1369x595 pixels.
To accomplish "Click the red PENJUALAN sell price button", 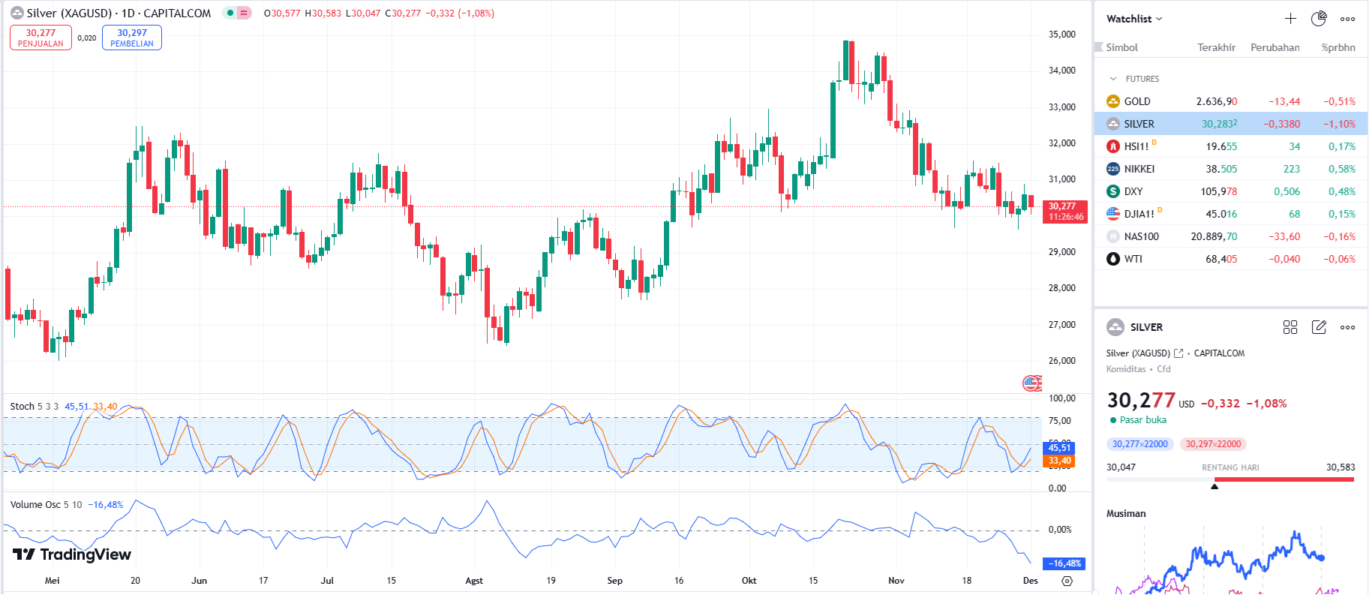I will coord(41,38).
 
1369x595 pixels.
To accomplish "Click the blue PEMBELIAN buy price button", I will coord(132,38).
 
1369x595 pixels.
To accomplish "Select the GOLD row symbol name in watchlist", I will coord(1137,101).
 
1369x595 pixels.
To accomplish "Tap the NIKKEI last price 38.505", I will coord(1221,169).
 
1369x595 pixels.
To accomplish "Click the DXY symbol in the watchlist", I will coord(1133,191).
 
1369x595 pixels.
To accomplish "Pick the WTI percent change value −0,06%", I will coord(1339,259).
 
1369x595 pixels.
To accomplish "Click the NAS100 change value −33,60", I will coord(1284,236).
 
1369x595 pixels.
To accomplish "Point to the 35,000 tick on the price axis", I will coord(1061,35).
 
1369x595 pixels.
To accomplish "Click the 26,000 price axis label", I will coord(1061,361).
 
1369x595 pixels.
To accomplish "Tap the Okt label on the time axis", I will coord(749,581).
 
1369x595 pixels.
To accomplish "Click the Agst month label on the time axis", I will coord(474,581).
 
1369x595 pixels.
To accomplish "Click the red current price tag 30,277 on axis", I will coord(1065,212).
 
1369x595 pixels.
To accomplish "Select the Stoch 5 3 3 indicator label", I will coord(34,407).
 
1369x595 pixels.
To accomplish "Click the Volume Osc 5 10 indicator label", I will coord(46,505).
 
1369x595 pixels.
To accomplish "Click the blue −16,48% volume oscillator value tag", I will coord(1064,563).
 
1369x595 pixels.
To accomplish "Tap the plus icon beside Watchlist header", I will coord(1290,19).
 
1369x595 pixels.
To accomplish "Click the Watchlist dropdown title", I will coord(1133,19).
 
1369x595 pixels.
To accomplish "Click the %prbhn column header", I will coord(1338,47).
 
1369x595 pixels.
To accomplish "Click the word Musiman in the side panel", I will coord(1126,514).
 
